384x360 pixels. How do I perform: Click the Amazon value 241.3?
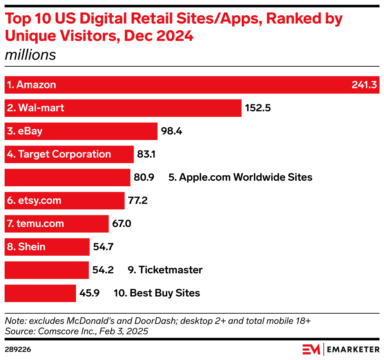point(364,85)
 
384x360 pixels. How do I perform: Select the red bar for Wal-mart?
point(157,108)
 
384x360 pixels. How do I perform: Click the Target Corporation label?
point(59,155)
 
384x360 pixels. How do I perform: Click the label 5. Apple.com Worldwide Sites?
point(240,178)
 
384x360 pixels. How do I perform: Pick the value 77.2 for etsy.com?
point(138,201)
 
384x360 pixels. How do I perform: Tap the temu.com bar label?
point(35,224)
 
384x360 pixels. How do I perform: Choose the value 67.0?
point(122,224)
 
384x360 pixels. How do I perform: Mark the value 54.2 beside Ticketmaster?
point(103,270)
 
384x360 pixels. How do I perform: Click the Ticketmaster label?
point(165,270)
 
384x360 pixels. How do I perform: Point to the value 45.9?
point(90,293)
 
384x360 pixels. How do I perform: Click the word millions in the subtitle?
point(30,55)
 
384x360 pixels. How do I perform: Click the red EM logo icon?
point(312,349)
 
